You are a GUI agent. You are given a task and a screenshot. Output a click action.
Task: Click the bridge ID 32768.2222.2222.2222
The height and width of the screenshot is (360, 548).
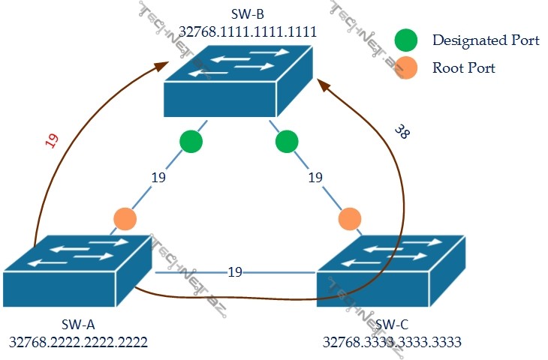click(78, 342)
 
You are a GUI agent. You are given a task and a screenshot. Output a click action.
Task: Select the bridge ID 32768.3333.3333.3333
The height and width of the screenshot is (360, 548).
click(392, 342)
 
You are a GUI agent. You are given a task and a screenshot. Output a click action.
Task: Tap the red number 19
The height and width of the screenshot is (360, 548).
click(52, 141)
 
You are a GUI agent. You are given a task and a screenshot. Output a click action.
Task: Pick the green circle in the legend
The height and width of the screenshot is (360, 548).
click(406, 40)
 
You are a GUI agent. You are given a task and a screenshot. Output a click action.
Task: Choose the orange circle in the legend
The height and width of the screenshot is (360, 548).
click(406, 68)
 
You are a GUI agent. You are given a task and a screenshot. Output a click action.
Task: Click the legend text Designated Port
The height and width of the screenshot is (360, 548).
click(485, 40)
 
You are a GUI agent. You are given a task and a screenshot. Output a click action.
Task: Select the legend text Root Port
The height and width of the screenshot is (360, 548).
click(464, 68)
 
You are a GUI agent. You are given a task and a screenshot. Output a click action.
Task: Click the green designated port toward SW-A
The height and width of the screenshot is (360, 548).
click(191, 141)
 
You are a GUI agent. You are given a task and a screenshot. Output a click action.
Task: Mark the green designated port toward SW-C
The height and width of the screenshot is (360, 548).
click(286, 141)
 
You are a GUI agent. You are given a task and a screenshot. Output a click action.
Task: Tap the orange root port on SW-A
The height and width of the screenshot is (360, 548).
click(125, 219)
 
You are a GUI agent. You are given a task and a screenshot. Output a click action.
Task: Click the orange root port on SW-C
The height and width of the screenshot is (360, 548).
click(349, 219)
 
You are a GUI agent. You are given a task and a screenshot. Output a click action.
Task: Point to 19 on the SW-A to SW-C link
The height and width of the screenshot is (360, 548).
click(235, 271)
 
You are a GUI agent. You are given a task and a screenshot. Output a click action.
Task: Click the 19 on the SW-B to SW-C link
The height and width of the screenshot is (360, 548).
click(315, 178)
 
